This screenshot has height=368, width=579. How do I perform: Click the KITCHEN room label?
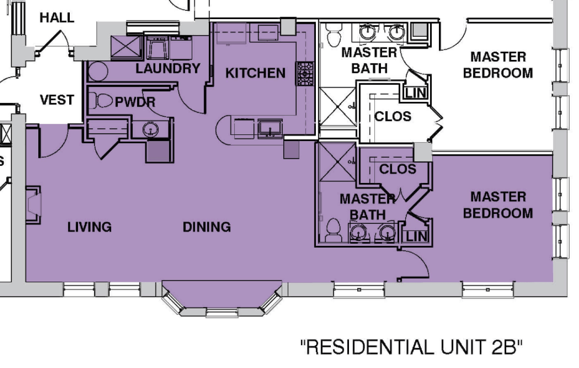tap(255, 73)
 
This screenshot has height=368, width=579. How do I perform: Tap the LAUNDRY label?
tap(167, 68)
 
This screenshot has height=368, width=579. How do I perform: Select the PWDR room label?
tap(135, 102)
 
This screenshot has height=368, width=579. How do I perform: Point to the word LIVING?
tap(89, 226)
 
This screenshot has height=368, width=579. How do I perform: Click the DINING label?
tap(207, 226)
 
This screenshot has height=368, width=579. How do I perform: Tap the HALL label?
tap(57, 18)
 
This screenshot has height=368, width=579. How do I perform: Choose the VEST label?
tap(57, 100)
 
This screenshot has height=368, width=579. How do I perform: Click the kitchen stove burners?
tap(305, 73)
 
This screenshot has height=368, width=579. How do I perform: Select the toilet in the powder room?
tap(100, 101)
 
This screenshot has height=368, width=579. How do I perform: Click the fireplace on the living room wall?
tap(33, 205)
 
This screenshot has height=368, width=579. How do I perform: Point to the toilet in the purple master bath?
tap(333, 230)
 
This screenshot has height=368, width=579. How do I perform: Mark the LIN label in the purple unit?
tap(416, 236)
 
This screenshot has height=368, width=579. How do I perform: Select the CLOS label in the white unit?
tap(392, 117)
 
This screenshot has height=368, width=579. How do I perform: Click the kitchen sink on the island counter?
tap(270, 129)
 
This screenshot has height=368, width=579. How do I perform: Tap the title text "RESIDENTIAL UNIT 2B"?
tap(412, 347)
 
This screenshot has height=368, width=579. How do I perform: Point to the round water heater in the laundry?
tap(98, 71)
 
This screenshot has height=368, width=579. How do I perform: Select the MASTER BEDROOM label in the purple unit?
tap(498, 205)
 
